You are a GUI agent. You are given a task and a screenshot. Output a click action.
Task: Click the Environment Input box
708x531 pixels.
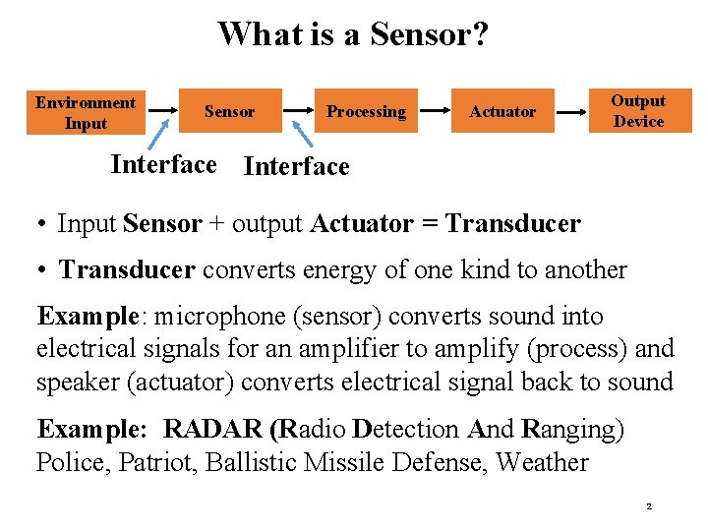[x=86, y=112]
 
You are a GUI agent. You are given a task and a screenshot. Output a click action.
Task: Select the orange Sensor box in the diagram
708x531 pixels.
[x=229, y=111]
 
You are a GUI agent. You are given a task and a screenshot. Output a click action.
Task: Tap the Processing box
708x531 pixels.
[x=366, y=111]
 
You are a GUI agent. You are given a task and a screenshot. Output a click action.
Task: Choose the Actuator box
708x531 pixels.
[x=502, y=111]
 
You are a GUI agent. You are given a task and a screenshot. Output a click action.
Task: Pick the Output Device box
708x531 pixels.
[x=639, y=111]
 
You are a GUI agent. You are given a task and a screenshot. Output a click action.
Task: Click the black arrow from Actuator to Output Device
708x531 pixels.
[x=571, y=112]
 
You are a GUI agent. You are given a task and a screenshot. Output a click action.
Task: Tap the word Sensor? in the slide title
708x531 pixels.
[x=430, y=34]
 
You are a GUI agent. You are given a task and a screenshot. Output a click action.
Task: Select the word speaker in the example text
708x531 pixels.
[x=75, y=382]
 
